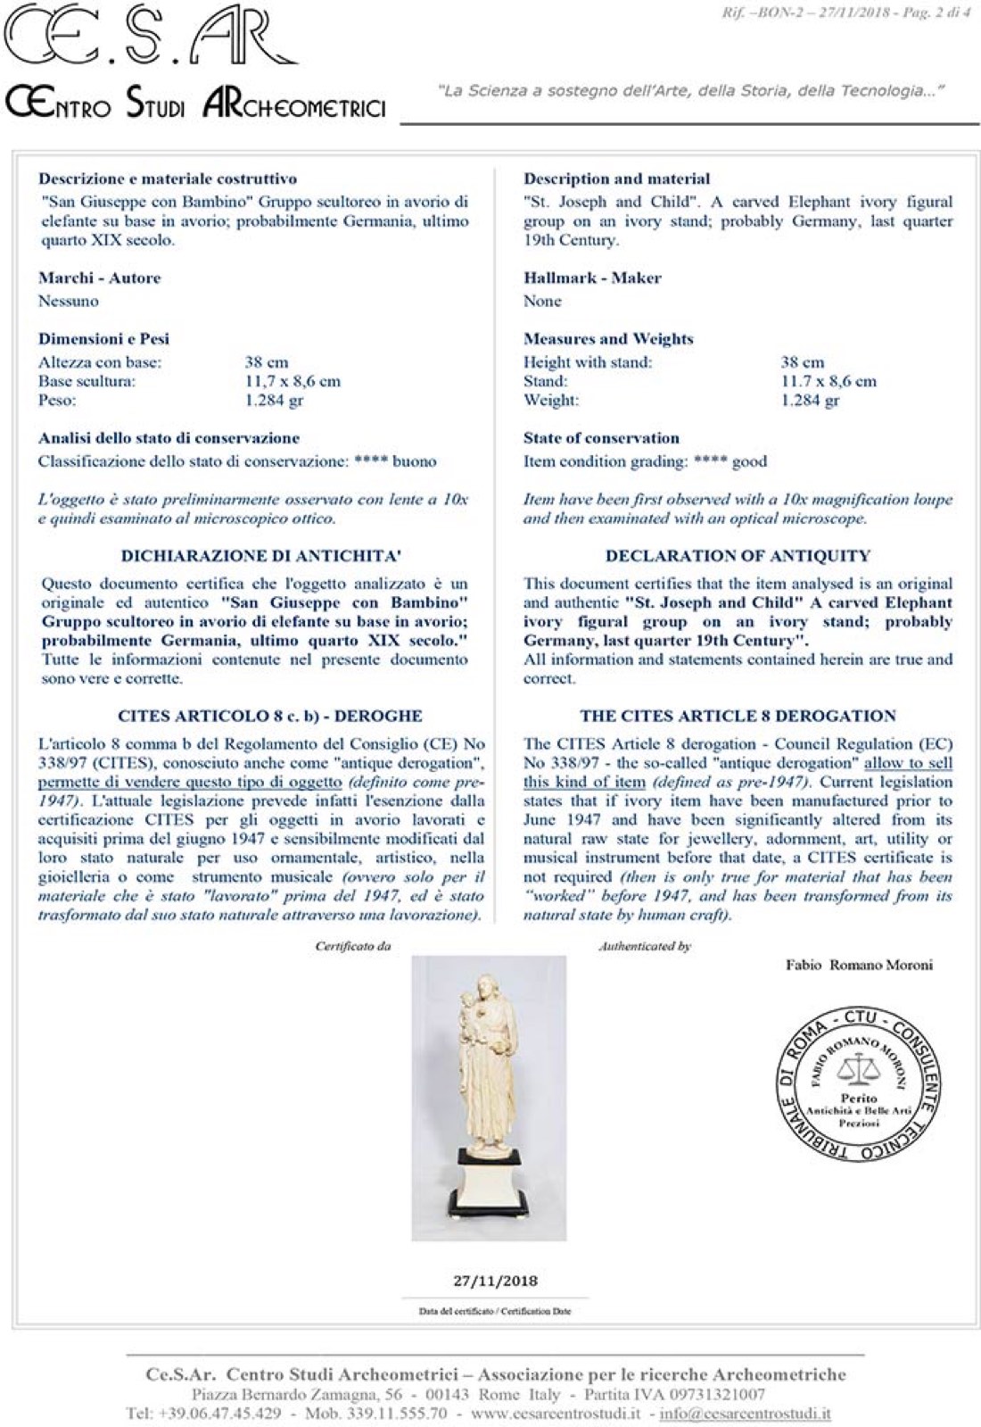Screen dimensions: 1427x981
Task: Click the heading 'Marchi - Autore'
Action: coord(100,278)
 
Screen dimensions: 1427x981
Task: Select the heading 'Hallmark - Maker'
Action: coord(592,278)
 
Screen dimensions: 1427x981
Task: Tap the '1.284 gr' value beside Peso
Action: coord(274,400)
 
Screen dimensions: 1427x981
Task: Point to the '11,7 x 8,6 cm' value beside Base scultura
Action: coord(293,381)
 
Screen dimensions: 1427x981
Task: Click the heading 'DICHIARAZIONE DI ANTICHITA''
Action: coord(260,555)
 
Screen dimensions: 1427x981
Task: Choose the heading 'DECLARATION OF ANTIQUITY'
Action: coord(738,555)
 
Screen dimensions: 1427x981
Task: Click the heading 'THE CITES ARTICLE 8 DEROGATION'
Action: coord(738,716)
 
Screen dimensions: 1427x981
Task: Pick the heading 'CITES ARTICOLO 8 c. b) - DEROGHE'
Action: coord(269,716)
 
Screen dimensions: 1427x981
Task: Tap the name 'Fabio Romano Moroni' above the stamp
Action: coord(859,965)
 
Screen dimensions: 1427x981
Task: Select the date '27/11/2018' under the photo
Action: coord(495,1281)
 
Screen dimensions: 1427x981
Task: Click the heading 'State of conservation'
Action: coord(601,438)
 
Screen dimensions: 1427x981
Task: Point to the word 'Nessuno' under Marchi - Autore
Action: coord(69,301)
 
